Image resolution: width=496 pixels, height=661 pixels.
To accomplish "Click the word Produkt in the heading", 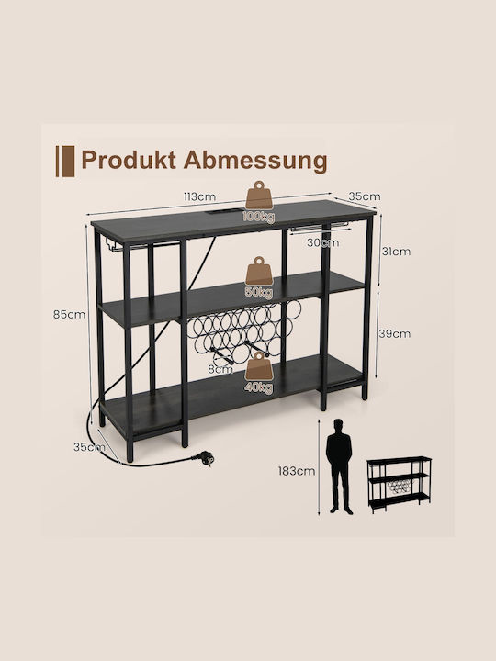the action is (129, 160).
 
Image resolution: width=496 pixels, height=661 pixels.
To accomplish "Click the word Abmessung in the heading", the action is (255, 161).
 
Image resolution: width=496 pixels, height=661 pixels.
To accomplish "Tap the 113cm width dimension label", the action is (199, 196).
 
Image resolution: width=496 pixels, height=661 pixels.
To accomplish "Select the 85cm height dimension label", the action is (69, 315).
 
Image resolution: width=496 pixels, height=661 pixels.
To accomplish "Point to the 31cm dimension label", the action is (396, 252).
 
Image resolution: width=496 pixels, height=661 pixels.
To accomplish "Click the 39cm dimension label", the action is (395, 334).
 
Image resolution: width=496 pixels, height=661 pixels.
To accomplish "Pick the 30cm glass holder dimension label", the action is (322, 242).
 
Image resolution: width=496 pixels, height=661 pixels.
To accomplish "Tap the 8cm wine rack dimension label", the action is (220, 369).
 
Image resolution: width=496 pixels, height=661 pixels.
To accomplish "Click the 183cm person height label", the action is (297, 471).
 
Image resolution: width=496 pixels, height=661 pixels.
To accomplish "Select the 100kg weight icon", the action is (259, 202).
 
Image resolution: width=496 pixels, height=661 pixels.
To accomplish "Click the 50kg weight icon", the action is (259, 277).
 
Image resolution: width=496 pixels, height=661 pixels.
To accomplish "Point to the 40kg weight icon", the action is (259, 373).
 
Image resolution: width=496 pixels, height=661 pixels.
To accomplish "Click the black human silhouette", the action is (339, 466).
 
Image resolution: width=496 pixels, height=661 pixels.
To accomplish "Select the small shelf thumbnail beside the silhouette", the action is (399, 485).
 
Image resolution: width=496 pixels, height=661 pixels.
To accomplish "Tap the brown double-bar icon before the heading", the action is (65, 161).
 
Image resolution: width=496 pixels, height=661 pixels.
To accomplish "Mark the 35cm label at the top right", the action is (365, 196).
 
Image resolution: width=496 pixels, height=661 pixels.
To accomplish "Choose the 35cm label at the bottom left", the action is (89, 447).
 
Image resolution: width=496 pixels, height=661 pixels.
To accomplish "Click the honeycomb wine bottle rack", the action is (244, 330).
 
